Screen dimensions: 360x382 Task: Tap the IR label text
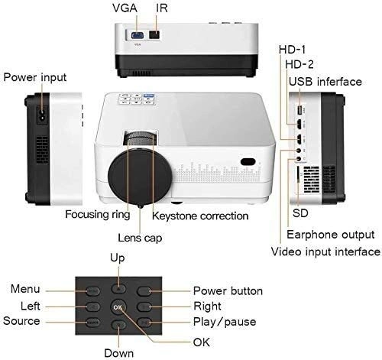[x=161, y=10]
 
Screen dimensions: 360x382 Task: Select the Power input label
[x=35, y=77]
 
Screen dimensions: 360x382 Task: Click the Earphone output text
[x=330, y=233]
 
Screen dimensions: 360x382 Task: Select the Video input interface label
[x=325, y=251]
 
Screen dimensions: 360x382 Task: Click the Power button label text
[x=228, y=290]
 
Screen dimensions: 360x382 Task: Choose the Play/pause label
[x=225, y=322]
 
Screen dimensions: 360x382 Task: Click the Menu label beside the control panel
[x=25, y=290]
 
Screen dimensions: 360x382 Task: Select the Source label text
[x=21, y=321]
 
